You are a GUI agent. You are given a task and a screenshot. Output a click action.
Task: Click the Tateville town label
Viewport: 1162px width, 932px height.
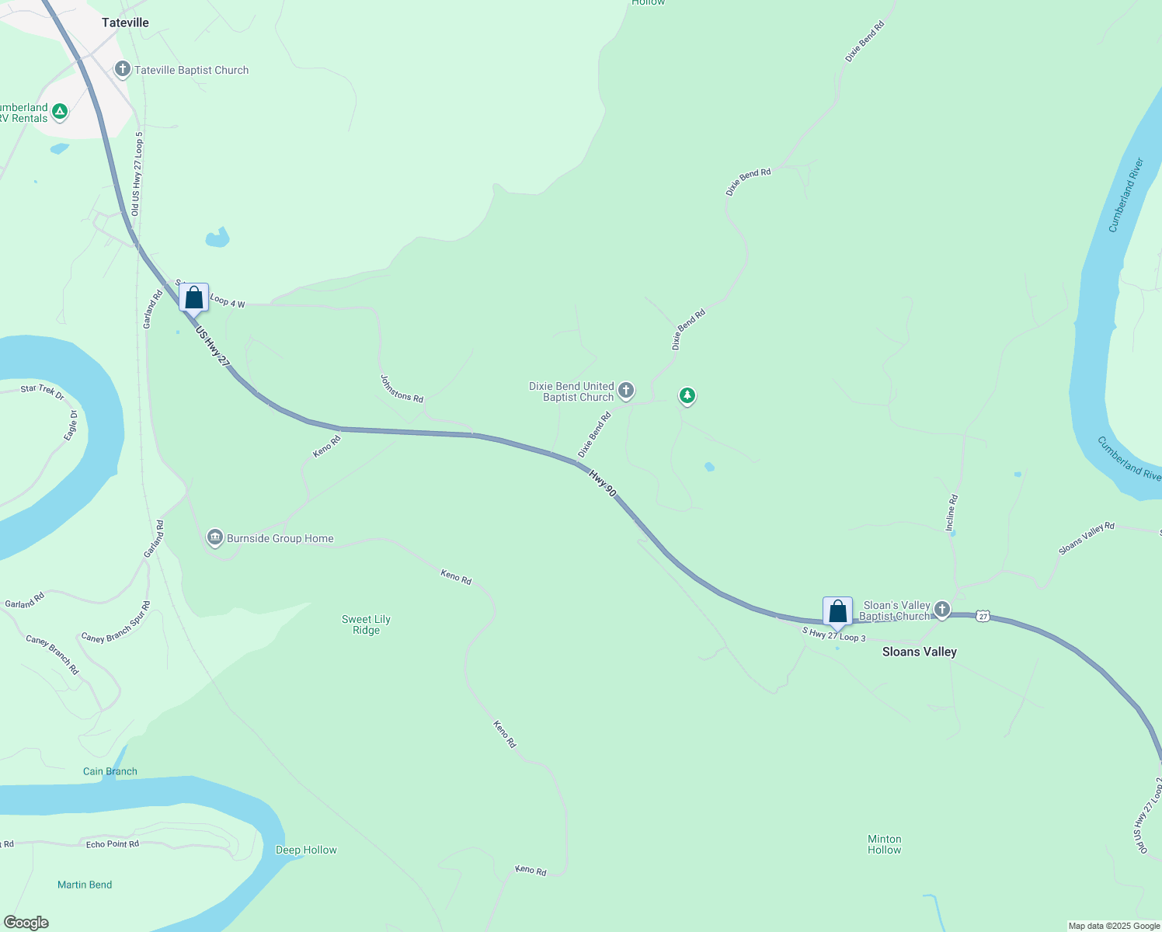125,23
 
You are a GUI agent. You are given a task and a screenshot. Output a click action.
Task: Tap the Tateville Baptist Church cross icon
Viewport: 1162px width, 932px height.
122,70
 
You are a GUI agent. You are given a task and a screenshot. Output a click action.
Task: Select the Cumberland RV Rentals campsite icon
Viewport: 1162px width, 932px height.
60,112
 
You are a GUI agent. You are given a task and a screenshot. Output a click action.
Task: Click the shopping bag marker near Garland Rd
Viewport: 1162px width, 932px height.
193,297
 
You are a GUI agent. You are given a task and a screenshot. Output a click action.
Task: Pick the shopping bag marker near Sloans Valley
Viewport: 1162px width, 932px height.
837,611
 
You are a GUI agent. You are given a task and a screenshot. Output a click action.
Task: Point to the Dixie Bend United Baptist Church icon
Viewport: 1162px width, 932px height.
626,391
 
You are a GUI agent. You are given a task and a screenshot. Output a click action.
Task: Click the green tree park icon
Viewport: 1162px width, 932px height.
687,396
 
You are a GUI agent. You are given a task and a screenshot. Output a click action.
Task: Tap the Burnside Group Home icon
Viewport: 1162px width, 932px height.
215,537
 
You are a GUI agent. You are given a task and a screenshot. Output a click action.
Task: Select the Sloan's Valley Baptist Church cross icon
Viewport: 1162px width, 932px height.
942,610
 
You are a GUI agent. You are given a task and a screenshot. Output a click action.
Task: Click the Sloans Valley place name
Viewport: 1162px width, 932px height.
919,652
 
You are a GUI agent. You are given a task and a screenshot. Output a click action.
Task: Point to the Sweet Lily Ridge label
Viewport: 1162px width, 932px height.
366,624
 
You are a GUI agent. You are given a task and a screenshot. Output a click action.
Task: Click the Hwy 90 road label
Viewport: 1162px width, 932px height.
602,483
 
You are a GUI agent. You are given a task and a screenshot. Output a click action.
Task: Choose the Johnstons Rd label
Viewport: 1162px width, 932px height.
402,388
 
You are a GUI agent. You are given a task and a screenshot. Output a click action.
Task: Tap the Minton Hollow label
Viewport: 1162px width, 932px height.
884,844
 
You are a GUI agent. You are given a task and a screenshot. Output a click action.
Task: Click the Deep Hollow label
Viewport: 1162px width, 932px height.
306,850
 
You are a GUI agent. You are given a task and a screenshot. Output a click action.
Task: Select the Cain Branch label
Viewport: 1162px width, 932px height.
110,771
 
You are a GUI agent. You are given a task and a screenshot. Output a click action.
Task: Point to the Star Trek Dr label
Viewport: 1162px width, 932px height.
43,391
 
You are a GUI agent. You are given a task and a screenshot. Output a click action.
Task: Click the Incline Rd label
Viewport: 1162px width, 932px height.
952,513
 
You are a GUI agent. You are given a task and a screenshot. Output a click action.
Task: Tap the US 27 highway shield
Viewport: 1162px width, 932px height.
983,616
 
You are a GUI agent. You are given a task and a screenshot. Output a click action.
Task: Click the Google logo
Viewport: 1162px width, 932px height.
26,923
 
